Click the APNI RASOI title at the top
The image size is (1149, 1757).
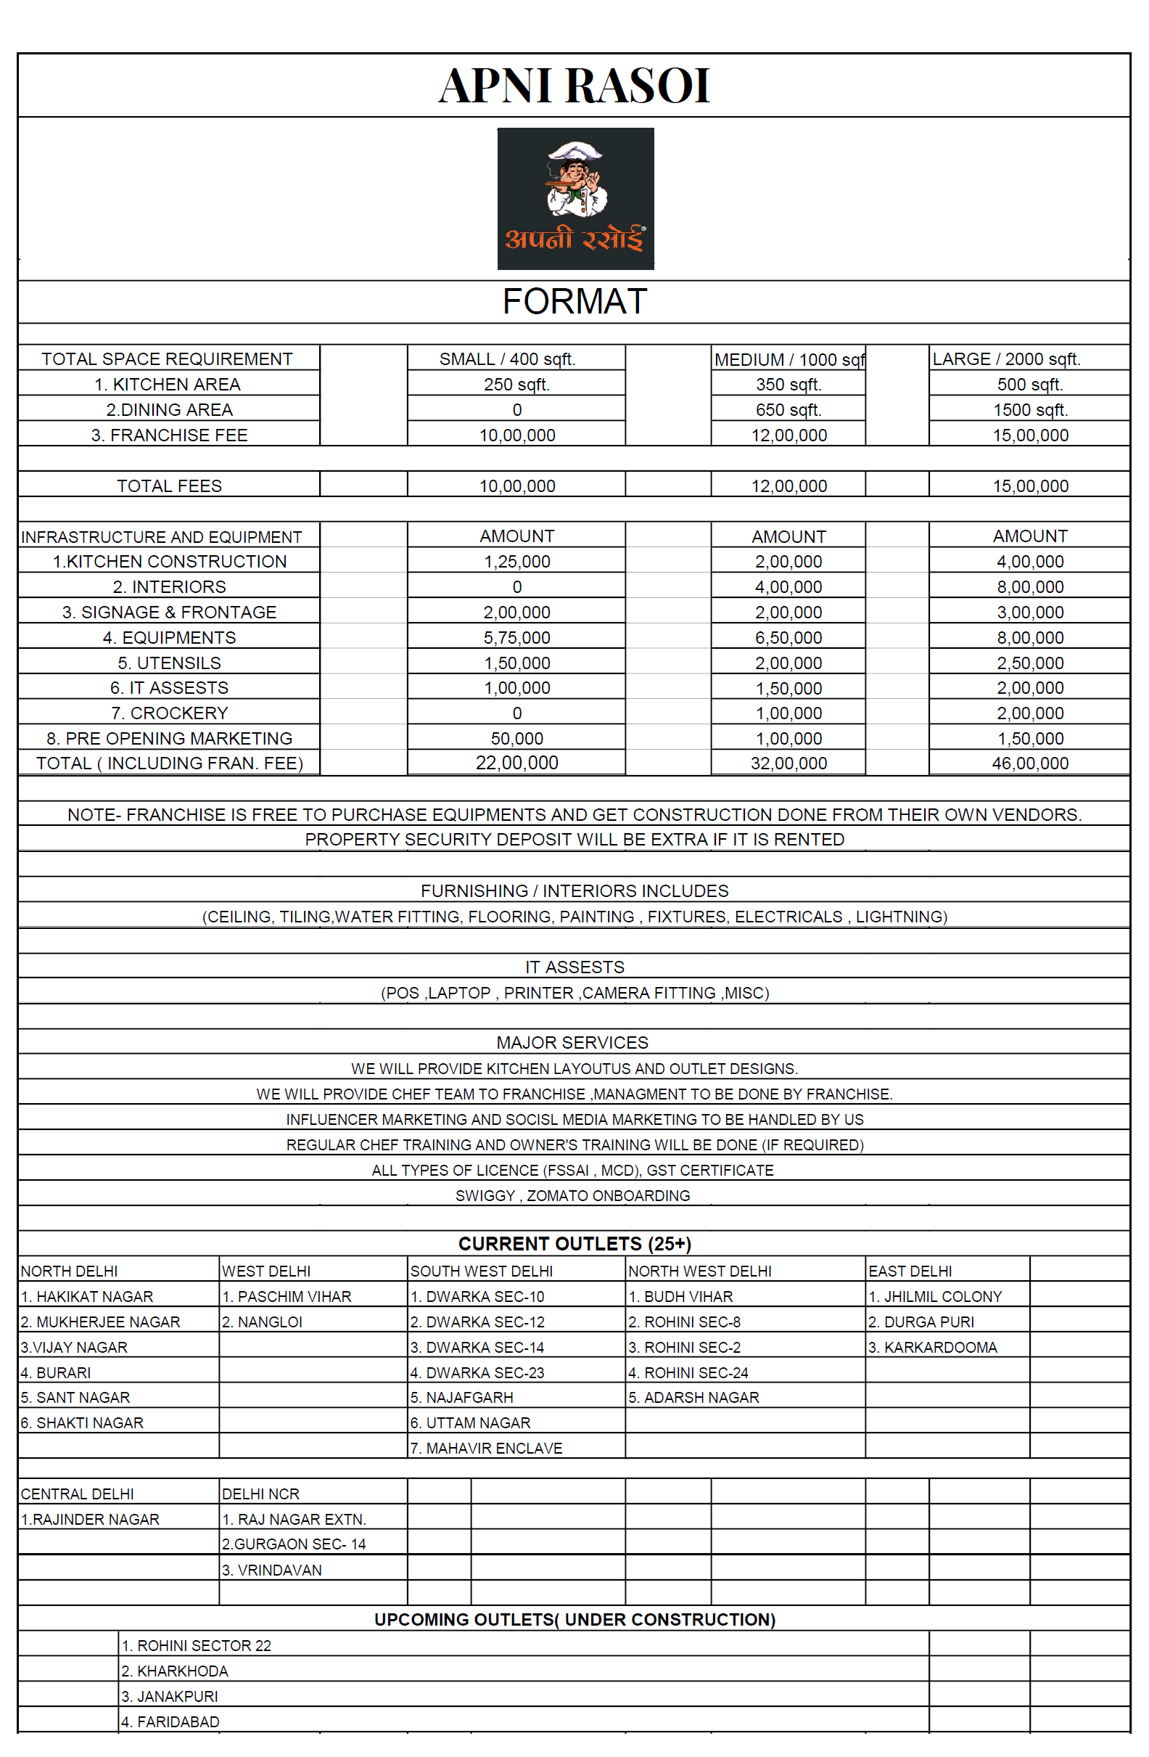[574, 86]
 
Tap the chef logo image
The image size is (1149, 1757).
[576, 198]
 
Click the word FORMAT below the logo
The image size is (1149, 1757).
[574, 301]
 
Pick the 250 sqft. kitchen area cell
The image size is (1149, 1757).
[516, 385]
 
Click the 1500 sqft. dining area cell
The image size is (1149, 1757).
[1030, 410]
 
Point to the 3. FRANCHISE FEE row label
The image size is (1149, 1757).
[169, 435]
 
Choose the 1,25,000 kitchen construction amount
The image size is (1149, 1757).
[516, 562]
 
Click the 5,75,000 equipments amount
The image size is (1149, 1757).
[516, 638]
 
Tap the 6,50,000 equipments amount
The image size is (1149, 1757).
[788, 638]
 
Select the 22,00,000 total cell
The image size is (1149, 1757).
[516, 763]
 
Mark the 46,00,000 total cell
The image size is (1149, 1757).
[1030, 763]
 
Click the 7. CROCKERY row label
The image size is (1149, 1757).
[169, 713]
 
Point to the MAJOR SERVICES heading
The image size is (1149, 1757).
[572, 1042]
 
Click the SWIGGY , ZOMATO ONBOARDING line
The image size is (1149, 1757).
[572, 1195]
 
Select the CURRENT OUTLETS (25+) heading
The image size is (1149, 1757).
[574, 1244]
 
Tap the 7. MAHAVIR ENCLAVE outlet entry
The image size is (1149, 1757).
[486, 1449]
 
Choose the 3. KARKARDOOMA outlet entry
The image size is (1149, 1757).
[933, 1347]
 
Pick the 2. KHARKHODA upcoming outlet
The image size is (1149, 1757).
[175, 1671]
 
